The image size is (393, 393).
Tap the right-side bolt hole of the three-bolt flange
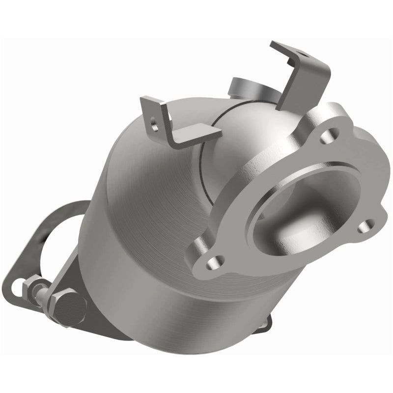[x=364, y=226]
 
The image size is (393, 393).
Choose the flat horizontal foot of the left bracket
[x=194, y=135]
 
